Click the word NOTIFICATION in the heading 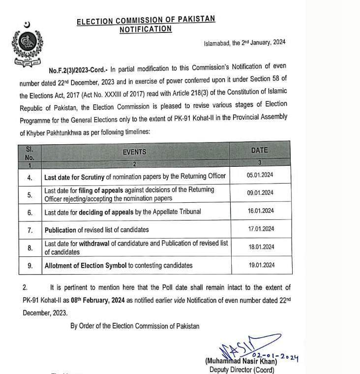(x=146, y=29)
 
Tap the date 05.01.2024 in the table (x=260, y=176)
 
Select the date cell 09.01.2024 (x=260, y=193)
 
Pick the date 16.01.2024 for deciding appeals (x=260, y=211)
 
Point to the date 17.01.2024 (x=260, y=229)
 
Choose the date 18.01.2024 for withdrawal (x=260, y=247)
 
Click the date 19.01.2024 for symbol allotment (x=260, y=265)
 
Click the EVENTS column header (x=135, y=152)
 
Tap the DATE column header (x=260, y=150)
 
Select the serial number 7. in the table (x=30, y=230)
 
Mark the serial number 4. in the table (x=30, y=176)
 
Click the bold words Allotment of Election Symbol (x=86, y=266)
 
